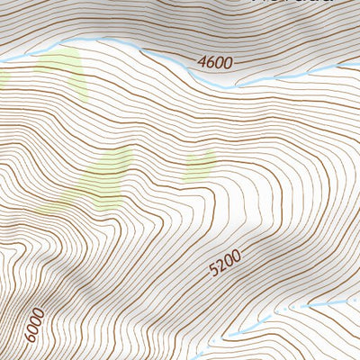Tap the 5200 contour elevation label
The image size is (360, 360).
tap(224, 263)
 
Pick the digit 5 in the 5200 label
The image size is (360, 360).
tap(213, 272)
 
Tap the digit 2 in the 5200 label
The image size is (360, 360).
tap(220, 266)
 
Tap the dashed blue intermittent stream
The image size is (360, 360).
tap(297, 309)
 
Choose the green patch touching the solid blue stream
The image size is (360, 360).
tap(59, 67)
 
